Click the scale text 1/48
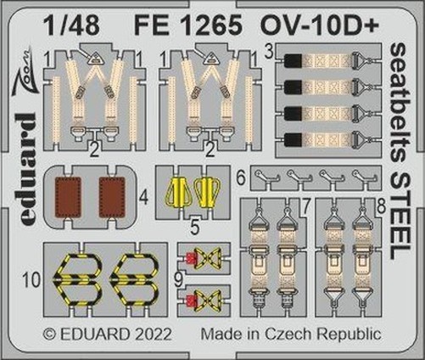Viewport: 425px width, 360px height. (x=71, y=25)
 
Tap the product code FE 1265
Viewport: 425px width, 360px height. (x=188, y=25)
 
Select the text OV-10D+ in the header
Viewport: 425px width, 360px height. (x=320, y=25)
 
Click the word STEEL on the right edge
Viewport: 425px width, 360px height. (x=400, y=220)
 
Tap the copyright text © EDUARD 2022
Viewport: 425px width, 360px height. (x=108, y=335)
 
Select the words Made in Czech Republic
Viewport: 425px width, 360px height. (x=291, y=335)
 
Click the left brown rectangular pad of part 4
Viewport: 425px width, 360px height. (x=68, y=197)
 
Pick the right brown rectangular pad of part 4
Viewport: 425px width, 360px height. (x=112, y=197)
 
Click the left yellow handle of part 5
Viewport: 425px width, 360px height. (x=175, y=193)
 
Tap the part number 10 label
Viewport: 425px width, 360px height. (x=31, y=280)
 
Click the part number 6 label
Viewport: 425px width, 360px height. (x=241, y=178)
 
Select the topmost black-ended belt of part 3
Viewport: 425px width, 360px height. (x=328, y=60)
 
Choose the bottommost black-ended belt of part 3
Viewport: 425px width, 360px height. (x=328, y=140)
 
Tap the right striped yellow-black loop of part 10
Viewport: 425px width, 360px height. (x=135, y=280)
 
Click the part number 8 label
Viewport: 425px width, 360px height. (x=381, y=206)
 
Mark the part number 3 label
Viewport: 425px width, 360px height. (x=270, y=52)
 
